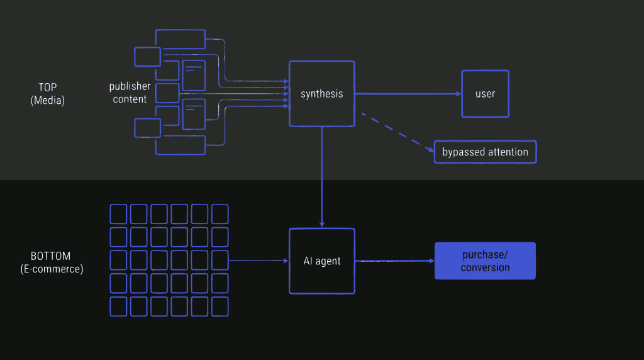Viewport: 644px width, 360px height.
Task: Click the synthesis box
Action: point(321,94)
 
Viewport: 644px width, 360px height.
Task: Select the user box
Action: point(485,94)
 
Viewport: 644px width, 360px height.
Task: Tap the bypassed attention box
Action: point(485,152)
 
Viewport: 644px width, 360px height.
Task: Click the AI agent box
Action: point(321,261)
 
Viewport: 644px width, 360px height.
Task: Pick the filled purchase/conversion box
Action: point(485,261)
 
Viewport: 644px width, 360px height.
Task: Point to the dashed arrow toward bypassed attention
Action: point(396,132)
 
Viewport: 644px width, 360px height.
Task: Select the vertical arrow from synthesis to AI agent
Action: point(321,176)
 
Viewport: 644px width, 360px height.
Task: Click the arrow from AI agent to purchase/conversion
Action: point(394,261)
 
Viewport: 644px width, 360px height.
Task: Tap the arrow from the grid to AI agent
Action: point(258,261)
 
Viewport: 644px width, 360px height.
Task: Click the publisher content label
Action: point(130,93)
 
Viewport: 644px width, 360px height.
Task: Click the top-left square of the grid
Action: point(118,214)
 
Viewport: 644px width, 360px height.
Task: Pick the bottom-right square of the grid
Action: point(220,307)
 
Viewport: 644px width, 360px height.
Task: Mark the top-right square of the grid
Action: point(220,214)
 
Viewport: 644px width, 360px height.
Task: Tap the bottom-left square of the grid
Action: point(118,307)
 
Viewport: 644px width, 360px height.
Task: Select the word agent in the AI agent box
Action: point(328,261)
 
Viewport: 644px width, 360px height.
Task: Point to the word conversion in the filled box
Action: point(485,267)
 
